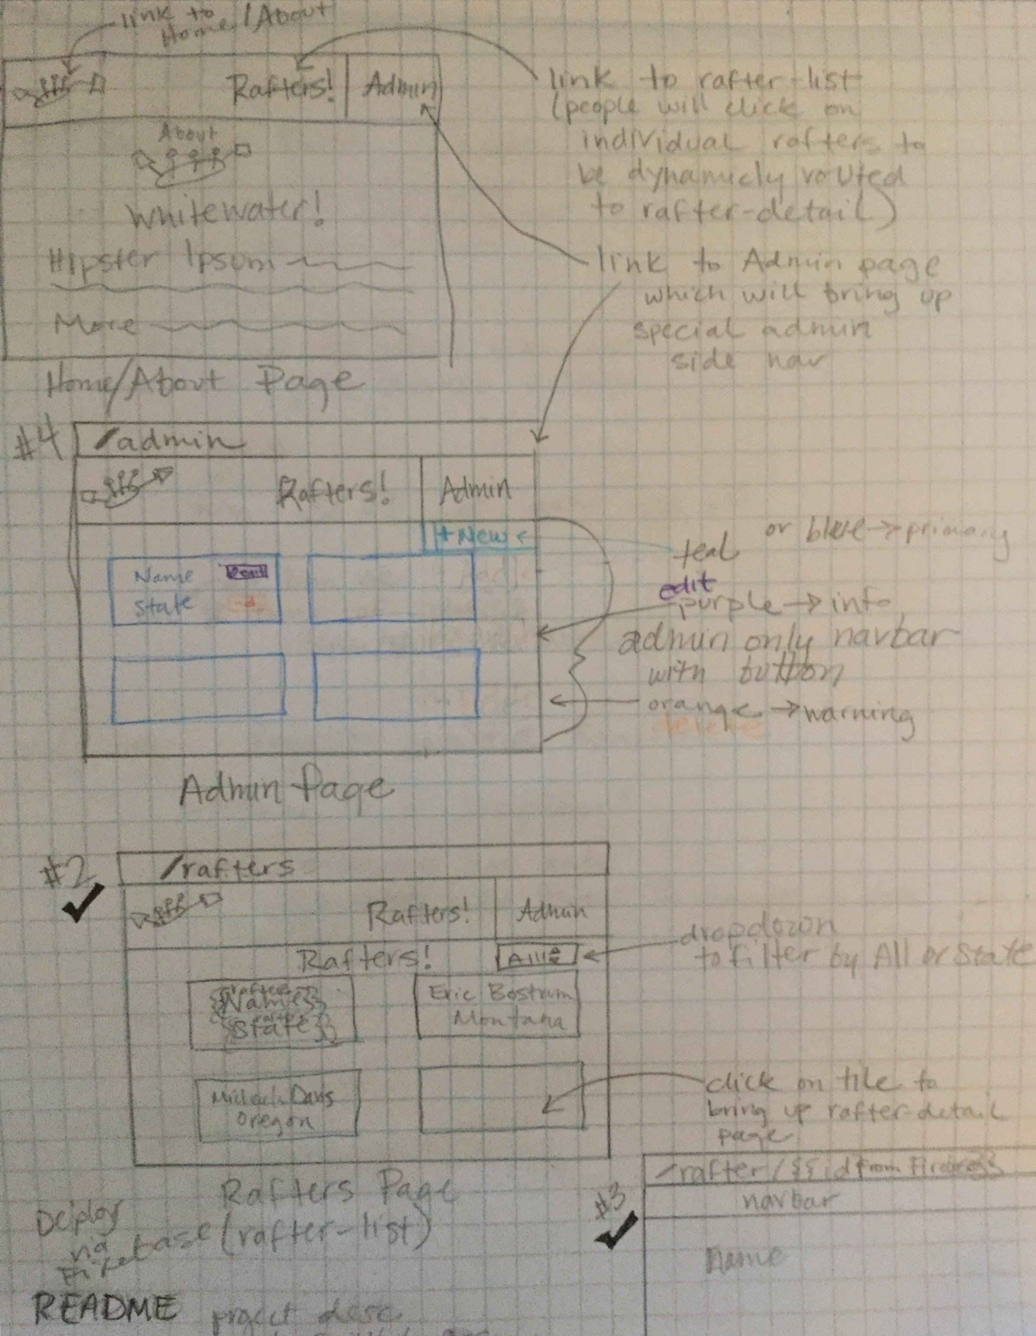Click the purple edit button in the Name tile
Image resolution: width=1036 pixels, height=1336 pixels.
247,572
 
